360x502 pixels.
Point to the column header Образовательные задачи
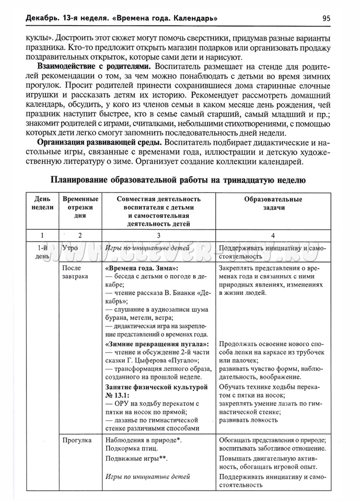[x=273, y=203]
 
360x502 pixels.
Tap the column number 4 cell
[x=273, y=236]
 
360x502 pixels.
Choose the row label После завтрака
[x=75, y=272]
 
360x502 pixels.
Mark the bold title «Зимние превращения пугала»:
[x=156, y=344]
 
